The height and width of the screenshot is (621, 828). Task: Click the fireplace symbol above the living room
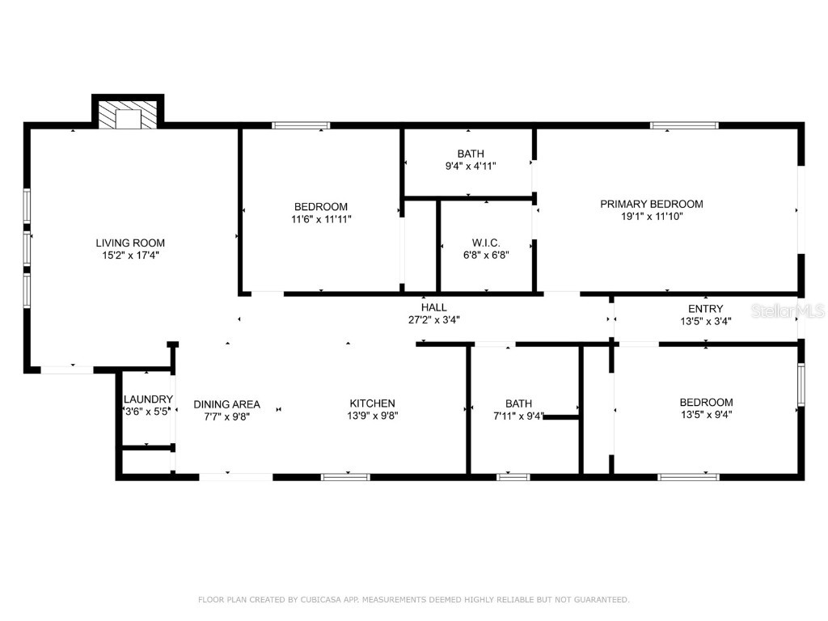pos(128,115)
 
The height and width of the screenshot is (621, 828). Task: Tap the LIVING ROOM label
pos(130,243)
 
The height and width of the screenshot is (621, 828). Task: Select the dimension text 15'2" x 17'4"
pos(130,256)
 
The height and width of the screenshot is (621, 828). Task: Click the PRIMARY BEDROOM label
pos(651,204)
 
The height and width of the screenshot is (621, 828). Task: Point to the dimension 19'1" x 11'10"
pos(651,217)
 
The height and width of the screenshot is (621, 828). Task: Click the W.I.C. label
pos(486,243)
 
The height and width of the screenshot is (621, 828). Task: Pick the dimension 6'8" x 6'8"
pos(486,256)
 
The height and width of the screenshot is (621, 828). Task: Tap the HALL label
pos(433,307)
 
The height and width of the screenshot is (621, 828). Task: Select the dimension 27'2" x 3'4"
pos(433,319)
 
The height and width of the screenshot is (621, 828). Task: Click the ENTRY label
pos(705,308)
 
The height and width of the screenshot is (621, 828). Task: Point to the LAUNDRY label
pos(148,399)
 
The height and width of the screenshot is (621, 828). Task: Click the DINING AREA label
pos(226,404)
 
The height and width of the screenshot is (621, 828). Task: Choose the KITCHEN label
pos(372,403)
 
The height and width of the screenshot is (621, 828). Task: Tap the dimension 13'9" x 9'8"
pos(372,416)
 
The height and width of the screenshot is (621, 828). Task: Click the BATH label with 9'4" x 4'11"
pos(470,154)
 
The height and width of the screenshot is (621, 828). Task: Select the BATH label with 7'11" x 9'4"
pos(518,403)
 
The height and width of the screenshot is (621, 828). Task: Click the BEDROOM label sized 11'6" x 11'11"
pos(321,206)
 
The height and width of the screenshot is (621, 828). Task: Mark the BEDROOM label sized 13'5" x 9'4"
pos(706,402)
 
